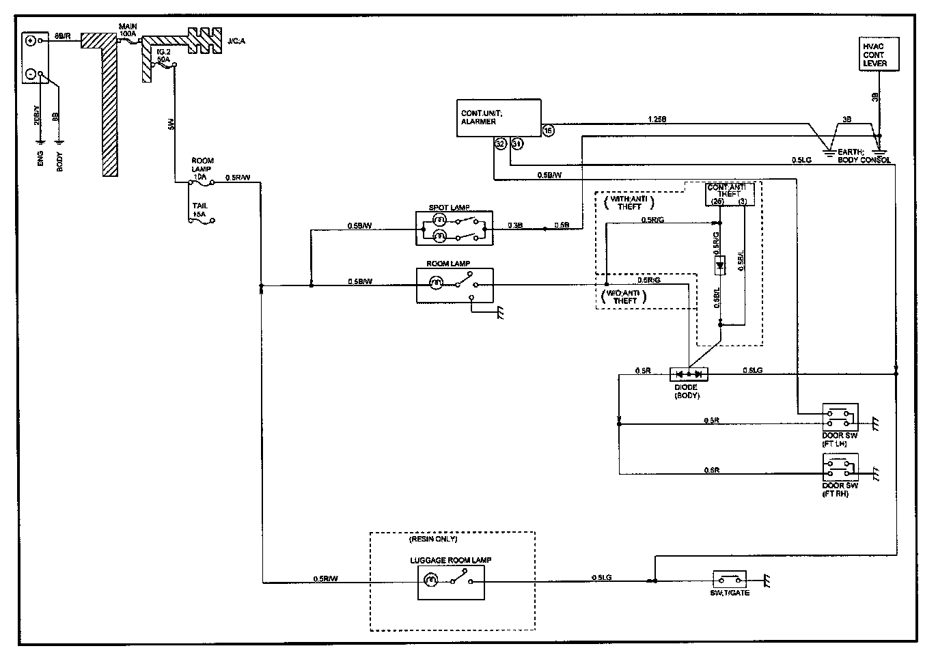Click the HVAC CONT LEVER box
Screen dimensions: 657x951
pos(879,55)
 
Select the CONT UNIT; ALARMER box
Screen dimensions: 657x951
pos(498,117)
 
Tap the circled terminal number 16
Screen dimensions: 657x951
pos(547,130)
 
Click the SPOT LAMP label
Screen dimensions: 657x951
pos(449,207)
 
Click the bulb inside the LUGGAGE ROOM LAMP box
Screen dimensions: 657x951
pos(431,581)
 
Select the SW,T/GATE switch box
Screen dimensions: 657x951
pos(729,580)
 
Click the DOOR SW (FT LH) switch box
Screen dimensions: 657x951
pos(840,417)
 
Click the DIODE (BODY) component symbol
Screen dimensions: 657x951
pos(689,374)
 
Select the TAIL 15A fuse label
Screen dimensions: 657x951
pos(200,209)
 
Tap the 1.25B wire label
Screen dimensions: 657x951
pos(657,119)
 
